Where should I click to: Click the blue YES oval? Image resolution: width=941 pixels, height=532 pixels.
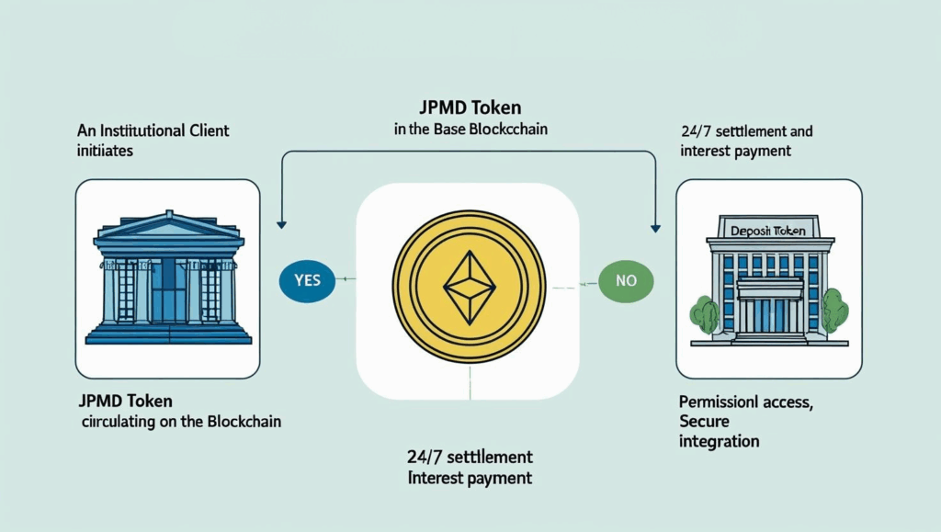click(308, 279)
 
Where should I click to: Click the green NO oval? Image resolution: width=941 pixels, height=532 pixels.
click(626, 279)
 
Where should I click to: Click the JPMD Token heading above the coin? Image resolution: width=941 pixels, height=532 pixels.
click(470, 107)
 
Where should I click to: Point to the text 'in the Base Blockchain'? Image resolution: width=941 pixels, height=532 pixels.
click(470, 130)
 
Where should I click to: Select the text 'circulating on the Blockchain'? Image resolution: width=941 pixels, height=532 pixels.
click(181, 422)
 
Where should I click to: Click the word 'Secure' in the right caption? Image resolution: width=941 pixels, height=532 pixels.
click(705, 421)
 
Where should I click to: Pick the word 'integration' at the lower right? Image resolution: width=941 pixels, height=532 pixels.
click(720, 441)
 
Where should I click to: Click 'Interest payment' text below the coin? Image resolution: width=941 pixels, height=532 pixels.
click(470, 478)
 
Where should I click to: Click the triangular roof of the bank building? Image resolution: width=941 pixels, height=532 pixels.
click(168, 224)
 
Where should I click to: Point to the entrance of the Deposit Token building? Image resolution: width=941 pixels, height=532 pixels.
click(770, 312)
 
